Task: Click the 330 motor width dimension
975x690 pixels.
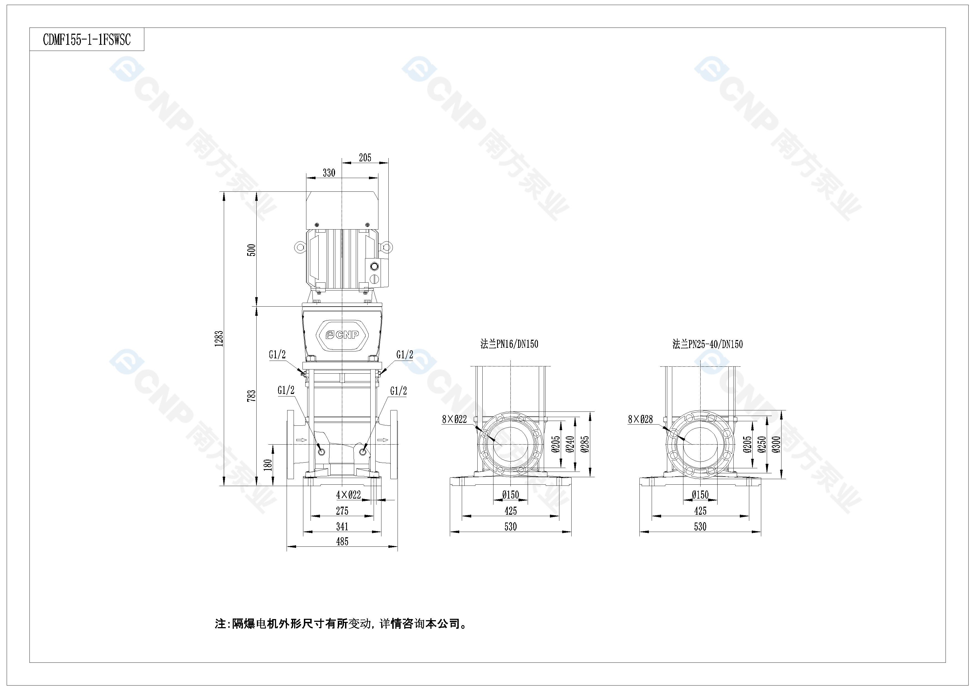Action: coord(329,173)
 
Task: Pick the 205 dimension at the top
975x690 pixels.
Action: coord(365,158)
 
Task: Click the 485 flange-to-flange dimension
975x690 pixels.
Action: coord(342,542)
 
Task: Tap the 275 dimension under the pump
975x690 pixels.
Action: coord(342,511)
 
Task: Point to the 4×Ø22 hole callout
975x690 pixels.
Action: coord(348,495)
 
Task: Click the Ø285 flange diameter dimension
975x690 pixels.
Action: coord(585,444)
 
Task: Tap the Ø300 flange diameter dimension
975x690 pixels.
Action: coord(777,444)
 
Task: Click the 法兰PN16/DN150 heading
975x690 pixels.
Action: coord(509,344)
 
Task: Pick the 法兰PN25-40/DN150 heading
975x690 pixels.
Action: coord(708,344)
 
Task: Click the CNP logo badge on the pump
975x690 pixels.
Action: coord(342,335)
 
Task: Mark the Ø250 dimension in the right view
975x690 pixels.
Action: coord(762,444)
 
